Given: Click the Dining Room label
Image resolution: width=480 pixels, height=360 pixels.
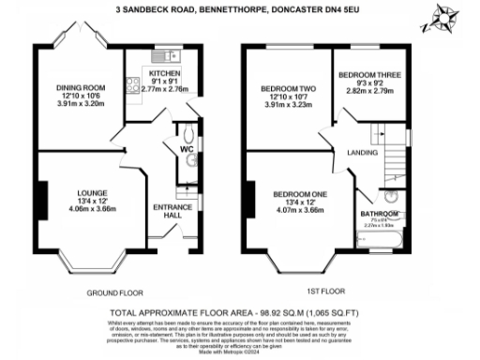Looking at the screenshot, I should click(79, 89).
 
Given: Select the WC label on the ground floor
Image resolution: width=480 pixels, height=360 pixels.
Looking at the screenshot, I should click(186, 146).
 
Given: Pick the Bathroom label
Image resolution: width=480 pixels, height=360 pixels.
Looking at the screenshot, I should click(380, 214).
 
